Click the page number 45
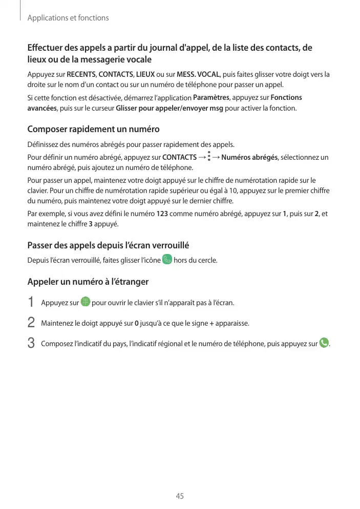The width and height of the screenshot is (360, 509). click(x=180, y=496)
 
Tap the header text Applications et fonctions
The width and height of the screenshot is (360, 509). click(x=68, y=18)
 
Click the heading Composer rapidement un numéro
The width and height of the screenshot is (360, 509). click(x=93, y=129)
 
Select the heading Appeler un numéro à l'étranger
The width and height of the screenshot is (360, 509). click(x=88, y=282)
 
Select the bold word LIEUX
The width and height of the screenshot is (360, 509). click(x=145, y=74)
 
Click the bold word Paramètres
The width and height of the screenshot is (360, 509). click(x=211, y=98)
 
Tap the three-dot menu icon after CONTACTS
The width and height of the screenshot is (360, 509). click(x=209, y=156)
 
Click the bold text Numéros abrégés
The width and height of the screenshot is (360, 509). click(x=250, y=157)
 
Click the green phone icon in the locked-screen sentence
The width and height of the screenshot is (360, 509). click(x=167, y=260)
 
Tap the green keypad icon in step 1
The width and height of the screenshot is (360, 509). click(x=85, y=302)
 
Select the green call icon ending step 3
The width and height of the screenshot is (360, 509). click(x=324, y=343)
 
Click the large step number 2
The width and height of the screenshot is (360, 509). click(x=31, y=323)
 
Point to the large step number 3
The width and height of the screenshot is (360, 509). click(x=31, y=343)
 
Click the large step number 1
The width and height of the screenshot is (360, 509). click(x=31, y=303)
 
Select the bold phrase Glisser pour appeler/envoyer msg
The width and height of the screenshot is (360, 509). click(x=170, y=109)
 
